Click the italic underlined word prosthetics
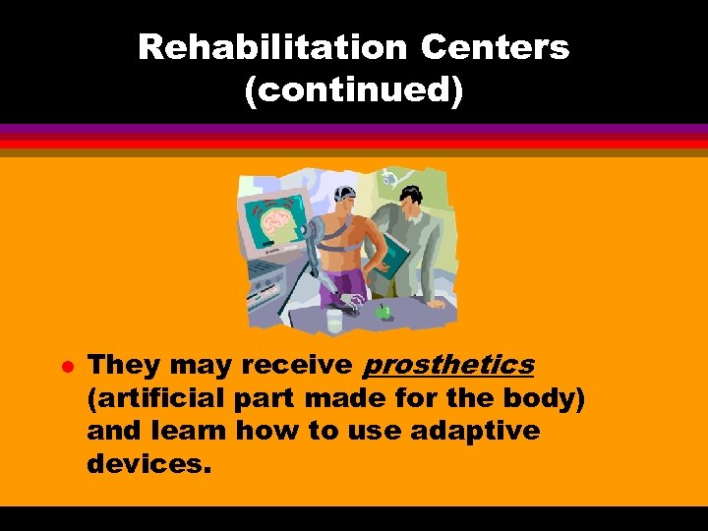click(x=448, y=365)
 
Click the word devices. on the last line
click(x=148, y=463)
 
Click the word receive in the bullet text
click(x=296, y=365)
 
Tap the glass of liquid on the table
click(x=334, y=319)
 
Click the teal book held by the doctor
click(x=389, y=259)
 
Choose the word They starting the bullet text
click(x=124, y=365)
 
